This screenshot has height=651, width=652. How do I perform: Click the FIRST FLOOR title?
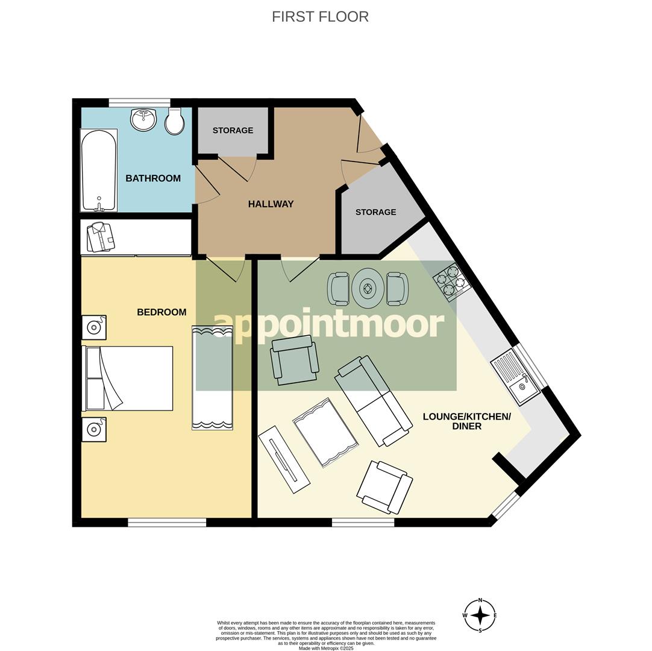pyautogui.click(x=320, y=17)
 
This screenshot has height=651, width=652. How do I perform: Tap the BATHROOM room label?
pyautogui.click(x=153, y=178)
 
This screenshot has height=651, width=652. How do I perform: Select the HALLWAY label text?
pyautogui.click(x=271, y=204)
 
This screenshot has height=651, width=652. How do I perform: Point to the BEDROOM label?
pyautogui.click(x=161, y=312)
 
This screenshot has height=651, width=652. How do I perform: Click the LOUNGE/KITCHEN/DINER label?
pyautogui.click(x=466, y=421)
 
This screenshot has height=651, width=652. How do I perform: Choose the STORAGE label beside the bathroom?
pyautogui.click(x=233, y=130)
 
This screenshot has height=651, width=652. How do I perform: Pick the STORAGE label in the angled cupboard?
pyautogui.click(x=375, y=212)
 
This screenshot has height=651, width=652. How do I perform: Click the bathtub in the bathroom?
pyautogui.click(x=99, y=170)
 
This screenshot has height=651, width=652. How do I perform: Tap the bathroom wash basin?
pyautogui.click(x=143, y=119)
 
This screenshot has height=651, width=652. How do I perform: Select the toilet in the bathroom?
pyautogui.click(x=175, y=121)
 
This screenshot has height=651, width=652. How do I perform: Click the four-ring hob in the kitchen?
pyautogui.click(x=451, y=281)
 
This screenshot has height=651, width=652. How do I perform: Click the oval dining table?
pyautogui.click(x=368, y=289)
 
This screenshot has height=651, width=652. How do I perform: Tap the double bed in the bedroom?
pyautogui.click(x=129, y=379)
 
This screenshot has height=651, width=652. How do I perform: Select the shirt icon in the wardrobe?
pyautogui.click(x=101, y=237)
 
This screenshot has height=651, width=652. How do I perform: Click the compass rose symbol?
pyautogui.click(x=480, y=615)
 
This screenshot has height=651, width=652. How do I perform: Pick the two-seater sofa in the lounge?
pyautogui.click(x=374, y=400)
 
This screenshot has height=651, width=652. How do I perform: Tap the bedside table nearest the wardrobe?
pyautogui.click(x=94, y=327)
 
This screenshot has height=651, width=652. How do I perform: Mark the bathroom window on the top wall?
pyautogui.click(x=139, y=102)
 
